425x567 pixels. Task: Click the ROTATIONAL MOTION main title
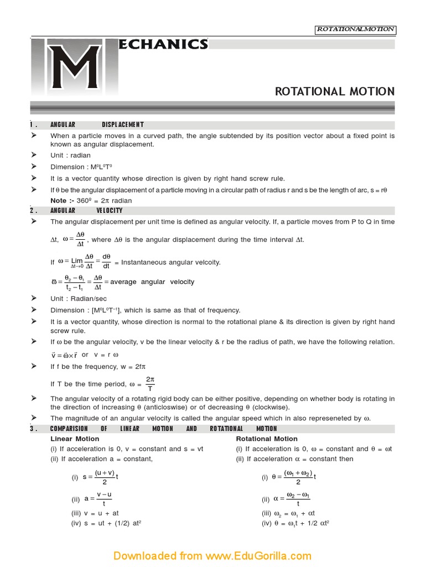coord(335,91)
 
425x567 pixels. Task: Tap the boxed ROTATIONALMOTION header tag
coord(355,29)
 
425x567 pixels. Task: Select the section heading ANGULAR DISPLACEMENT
coord(97,125)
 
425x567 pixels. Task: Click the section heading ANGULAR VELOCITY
coord(86,210)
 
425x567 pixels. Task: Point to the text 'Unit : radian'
coord(70,156)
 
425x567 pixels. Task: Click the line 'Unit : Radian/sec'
coord(79,298)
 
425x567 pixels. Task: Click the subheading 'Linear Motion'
coord(75,439)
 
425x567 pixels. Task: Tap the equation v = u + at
coord(95,513)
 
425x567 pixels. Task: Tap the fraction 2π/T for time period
coord(149,384)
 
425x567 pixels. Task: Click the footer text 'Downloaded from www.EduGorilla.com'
coord(212,555)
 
